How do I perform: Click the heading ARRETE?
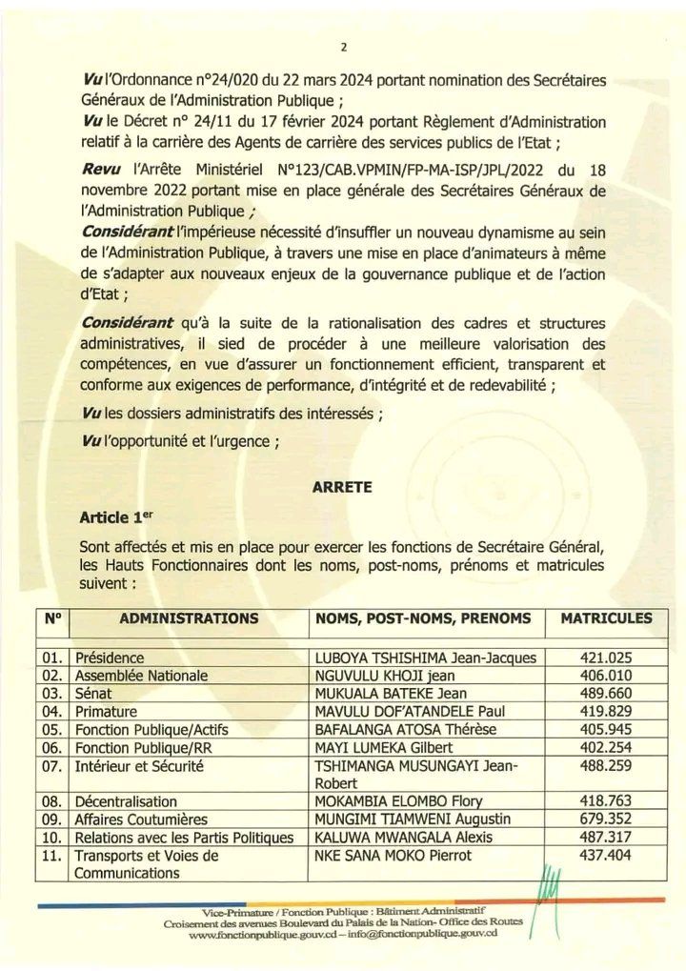[341, 486]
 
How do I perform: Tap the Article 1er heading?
[117, 517]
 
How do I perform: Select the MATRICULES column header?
[607, 618]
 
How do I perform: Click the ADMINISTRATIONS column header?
[189, 618]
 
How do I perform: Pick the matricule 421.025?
[607, 657]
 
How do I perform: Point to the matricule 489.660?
[607, 693]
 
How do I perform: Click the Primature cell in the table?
[106, 711]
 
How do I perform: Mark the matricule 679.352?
[607, 819]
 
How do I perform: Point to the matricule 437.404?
[607, 856]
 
